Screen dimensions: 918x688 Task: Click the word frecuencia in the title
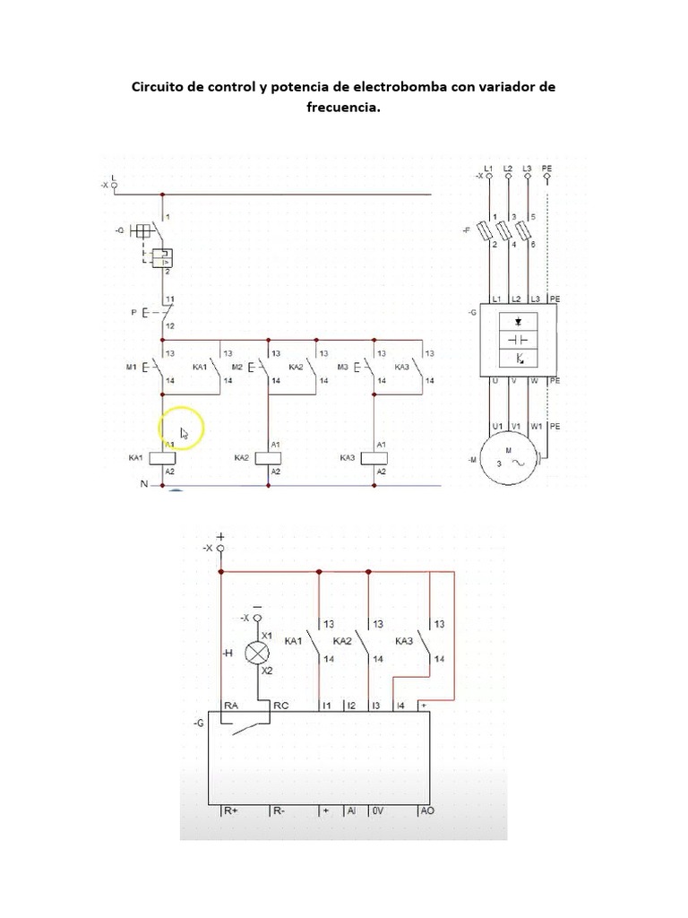click(x=342, y=107)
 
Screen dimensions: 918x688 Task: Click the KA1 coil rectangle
click(x=162, y=458)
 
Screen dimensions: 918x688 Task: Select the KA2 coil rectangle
click(x=269, y=458)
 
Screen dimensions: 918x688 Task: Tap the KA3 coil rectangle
click(x=374, y=458)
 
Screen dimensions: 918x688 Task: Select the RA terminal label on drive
click(x=230, y=706)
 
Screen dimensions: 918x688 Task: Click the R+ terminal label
click(x=230, y=810)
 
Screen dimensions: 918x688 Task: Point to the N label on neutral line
click(x=142, y=484)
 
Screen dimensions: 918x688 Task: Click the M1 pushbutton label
click(x=130, y=368)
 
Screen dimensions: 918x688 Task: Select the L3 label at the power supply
click(x=527, y=169)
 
